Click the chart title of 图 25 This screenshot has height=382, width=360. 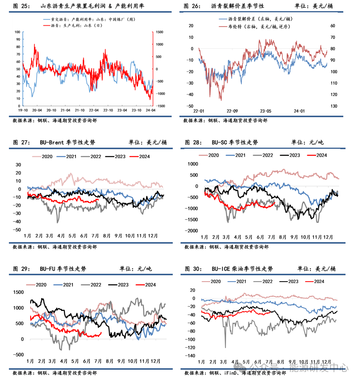pyautogui.click(x=93, y=7)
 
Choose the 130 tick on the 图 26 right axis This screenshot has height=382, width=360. pyautogui.click(x=333, y=106)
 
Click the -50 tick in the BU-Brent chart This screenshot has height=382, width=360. pyautogui.click(x=18, y=230)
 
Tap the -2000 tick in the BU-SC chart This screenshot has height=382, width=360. pyautogui.click(x=192, y=231)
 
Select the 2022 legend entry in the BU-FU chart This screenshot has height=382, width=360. pyautogui.click(x=95, y=285)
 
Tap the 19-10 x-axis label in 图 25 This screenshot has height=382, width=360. pyautogui.click(x=23, y=110)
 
